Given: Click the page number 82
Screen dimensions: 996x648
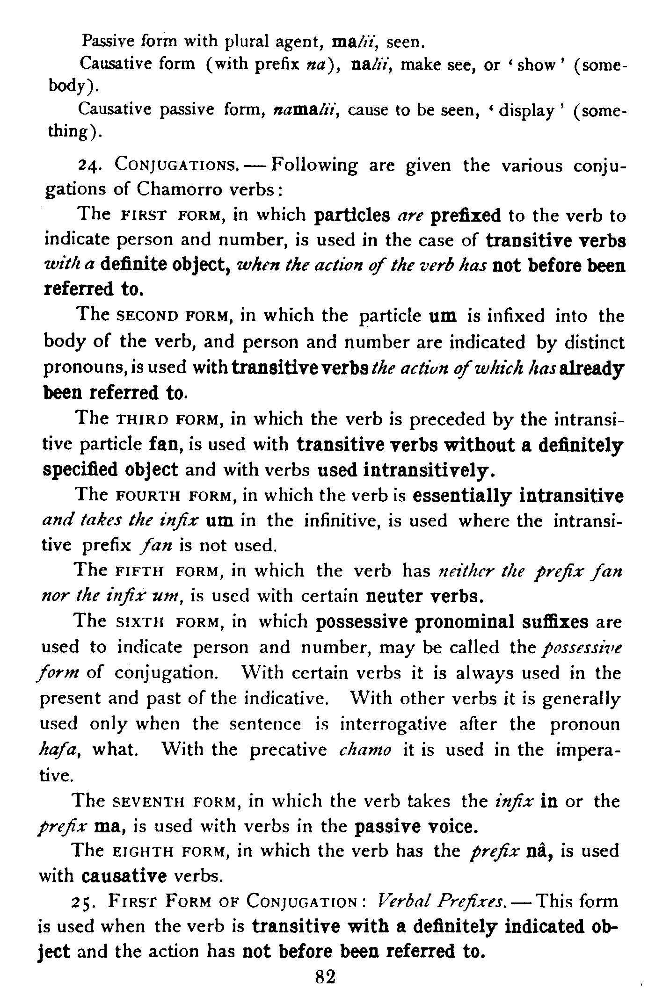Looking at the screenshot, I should [x=326, y=976].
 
